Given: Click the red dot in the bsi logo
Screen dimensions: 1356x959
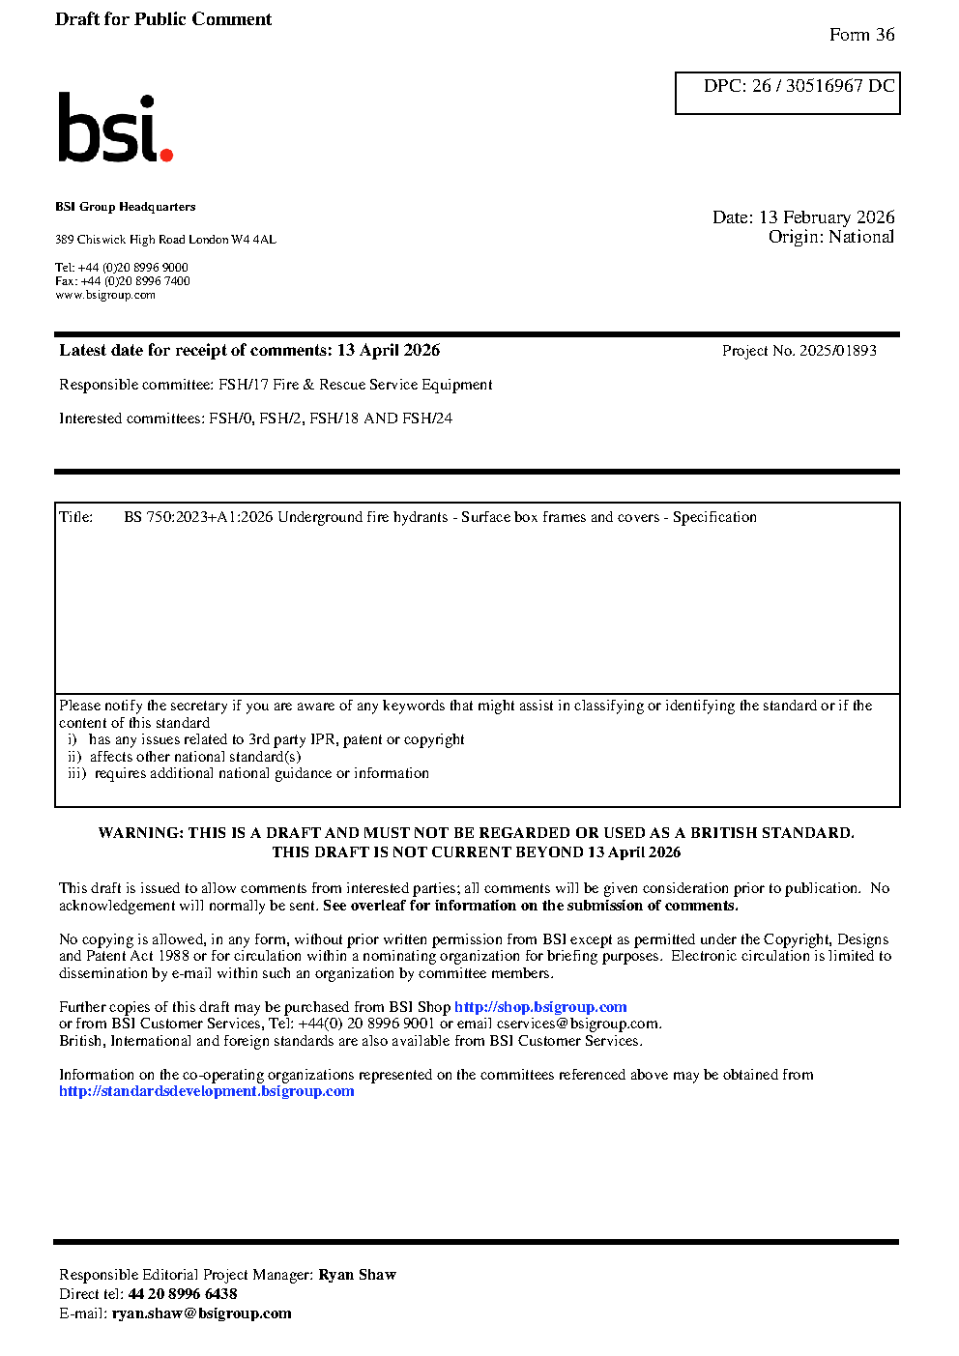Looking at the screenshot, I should pyautogui.click(x=166, y=154).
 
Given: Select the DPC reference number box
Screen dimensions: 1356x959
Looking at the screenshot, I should pyautogui.click(x=787, y=93).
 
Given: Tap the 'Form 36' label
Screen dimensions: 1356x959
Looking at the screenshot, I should pyautogui.click(x=861, y=35).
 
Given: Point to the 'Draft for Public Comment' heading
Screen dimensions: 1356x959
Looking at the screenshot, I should pyautogui.click(x=163, y=19).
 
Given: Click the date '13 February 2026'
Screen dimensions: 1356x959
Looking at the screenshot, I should pyautogui.click(x=827, y=217).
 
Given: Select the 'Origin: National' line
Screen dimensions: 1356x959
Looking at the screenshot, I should pyautogui.click(x=830, y=237).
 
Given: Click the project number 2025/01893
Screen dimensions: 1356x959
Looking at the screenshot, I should pyautogui.click(x=837, y=351).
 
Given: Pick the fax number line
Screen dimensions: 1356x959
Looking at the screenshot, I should pyautogui.click(x=123, y=281).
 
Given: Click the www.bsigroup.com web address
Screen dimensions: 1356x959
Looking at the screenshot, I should pyautogui.click(x=105, y=295).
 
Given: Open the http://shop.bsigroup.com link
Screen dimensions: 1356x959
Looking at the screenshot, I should pyautogui.click(x=540, y=1007).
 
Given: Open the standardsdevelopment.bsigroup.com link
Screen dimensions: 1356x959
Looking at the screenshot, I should pyautogui.click(x=207, y=1091).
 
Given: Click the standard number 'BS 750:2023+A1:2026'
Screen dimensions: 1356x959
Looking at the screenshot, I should pyautogui.click(x=198, y=517).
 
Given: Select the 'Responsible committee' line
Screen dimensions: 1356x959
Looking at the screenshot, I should pyautogui.click(x=276, y=385).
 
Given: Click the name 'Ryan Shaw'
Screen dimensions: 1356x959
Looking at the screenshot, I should pyautogui.click(x=357, y=1275).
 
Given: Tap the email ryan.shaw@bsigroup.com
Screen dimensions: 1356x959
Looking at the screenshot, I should pyautogui.click(x=201, y=1313).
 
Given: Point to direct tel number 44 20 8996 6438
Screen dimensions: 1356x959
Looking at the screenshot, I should pyautogui.click(x=183, y=1294).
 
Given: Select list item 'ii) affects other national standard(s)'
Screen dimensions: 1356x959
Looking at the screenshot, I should pyautogui.click(x=185, y=757).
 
